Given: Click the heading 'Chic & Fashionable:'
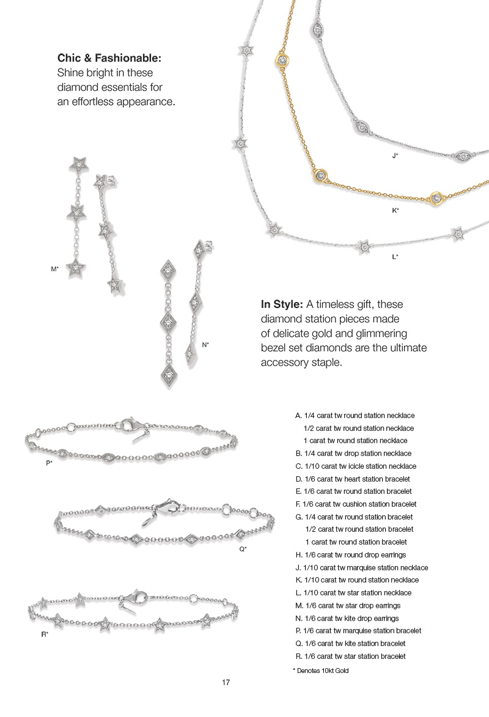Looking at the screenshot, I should (109, 59).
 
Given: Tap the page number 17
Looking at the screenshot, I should (226, 682).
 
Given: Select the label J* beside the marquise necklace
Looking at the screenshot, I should (395, 156).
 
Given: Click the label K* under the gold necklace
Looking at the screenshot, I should (395, 210).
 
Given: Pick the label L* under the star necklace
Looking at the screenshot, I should (395, 257).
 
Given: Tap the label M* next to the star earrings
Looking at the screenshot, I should (54, 268).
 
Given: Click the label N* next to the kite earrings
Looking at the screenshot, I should (205, 345).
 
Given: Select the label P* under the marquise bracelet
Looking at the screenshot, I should (49, 463).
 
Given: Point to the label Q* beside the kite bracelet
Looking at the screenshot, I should (243, 549).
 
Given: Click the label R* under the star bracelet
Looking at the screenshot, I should (45, 634).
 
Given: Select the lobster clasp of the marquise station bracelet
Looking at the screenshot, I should (130, 423).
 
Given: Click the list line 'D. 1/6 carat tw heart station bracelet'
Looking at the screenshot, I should (352, 479).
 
